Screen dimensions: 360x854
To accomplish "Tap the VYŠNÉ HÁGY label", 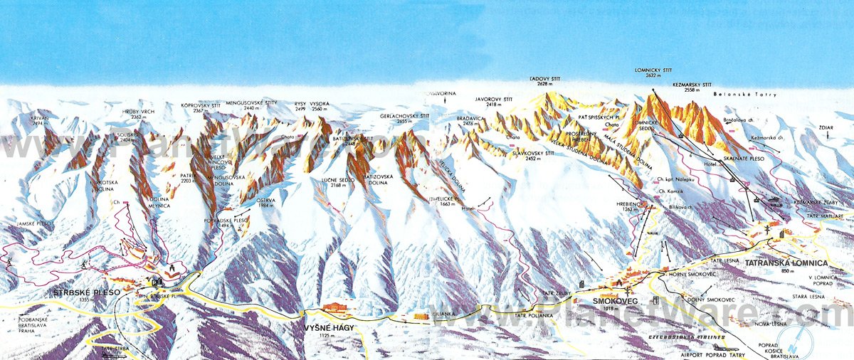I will tap(320, 327).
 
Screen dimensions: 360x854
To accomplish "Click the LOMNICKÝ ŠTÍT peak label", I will tap(653, 71).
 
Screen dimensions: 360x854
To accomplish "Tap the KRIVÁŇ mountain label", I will tap(41, 119).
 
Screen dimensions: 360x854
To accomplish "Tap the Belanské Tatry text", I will tap(753, 94).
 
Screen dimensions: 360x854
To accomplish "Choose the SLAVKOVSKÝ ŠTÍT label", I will tap(534, 152).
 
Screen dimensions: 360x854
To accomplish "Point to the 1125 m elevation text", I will tap(320, 337).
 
